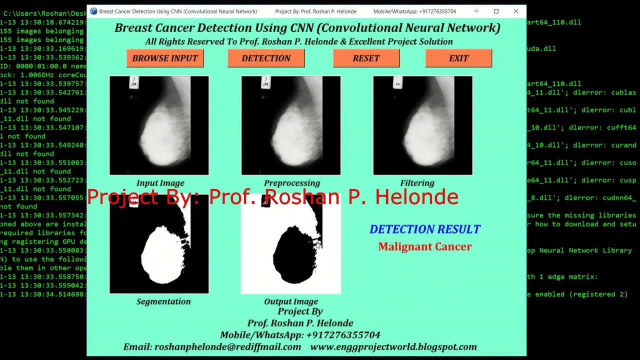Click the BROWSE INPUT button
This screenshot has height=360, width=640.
pos(165,58)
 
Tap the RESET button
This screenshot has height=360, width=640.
pos(366,58)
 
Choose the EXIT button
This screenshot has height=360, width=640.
pos(458,58)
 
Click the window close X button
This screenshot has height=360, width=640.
pos(516,11)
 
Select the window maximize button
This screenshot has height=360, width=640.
pos(496,11)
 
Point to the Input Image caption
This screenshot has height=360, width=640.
pos(160,183)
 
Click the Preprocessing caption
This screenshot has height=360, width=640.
pos(292,183)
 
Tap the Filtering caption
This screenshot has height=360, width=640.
pos(417,183)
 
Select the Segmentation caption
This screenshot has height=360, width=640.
pos(163,301)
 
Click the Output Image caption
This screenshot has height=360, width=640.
pos(291,301)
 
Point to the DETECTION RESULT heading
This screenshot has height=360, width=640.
pos(425,229)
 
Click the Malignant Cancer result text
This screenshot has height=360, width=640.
pos(425,246)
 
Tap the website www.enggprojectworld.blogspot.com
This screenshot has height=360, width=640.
pos(393,347)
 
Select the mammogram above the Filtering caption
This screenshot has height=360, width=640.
pos(422,125)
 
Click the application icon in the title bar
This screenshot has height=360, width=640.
pos(93,11)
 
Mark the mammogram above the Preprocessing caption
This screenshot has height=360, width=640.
pos(291,125)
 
